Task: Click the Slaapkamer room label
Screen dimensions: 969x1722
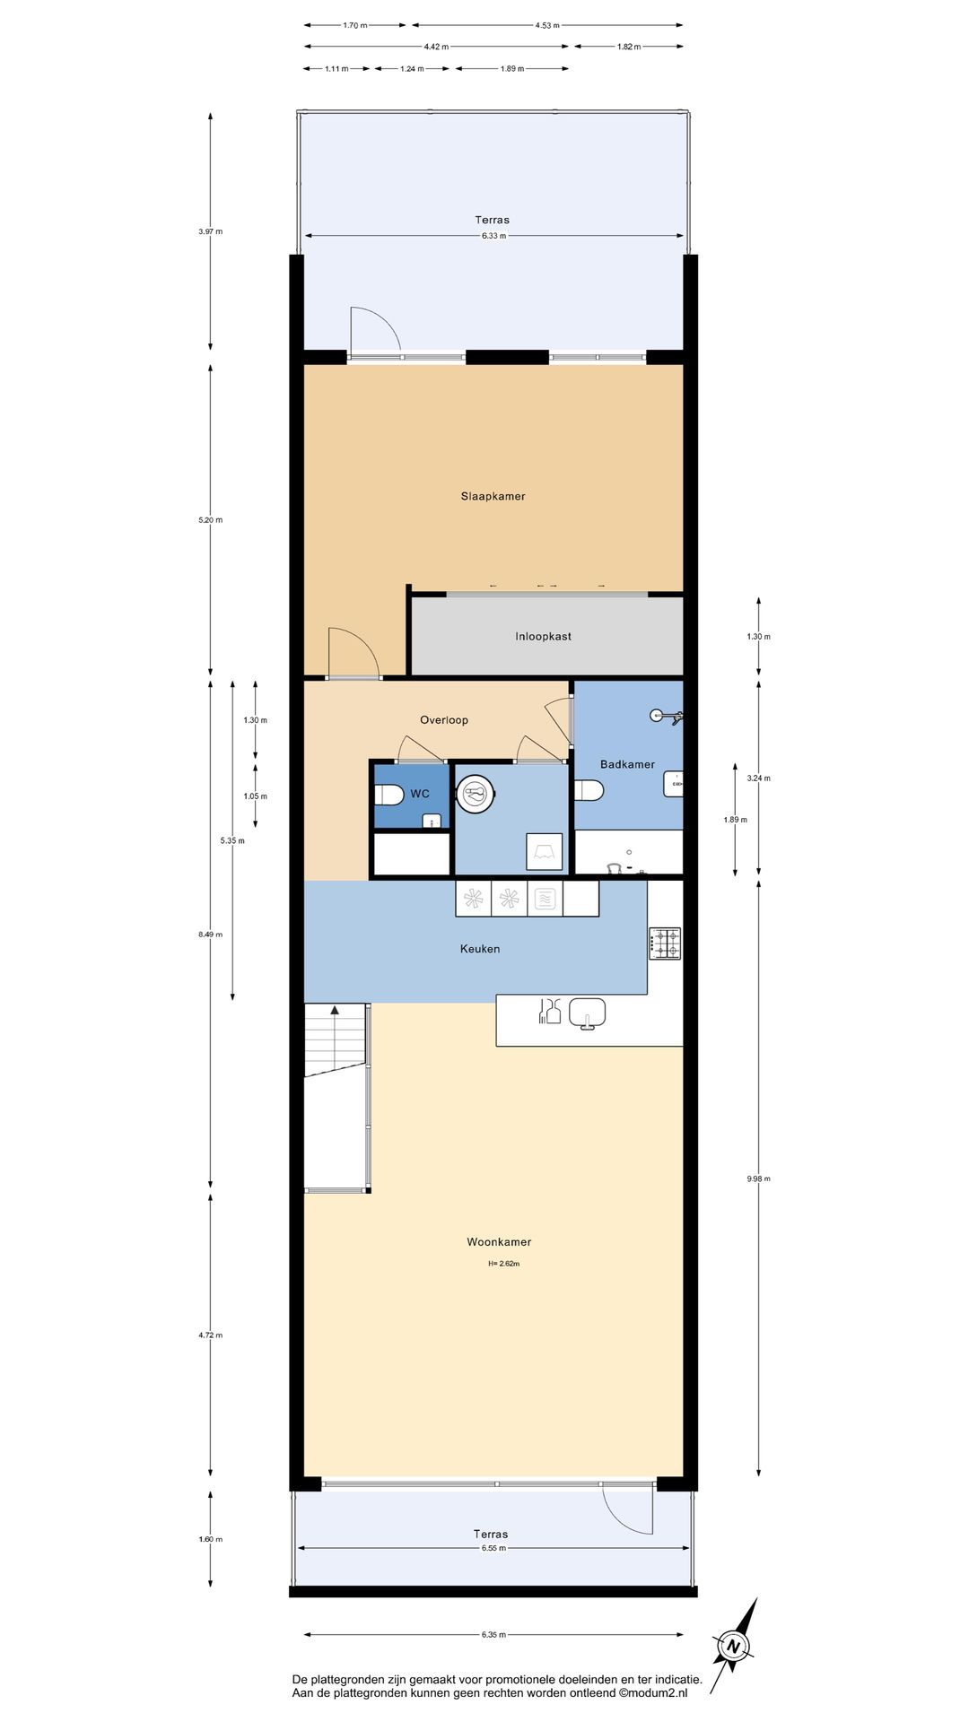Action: (493, 496)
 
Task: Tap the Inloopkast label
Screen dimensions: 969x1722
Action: (543, 636)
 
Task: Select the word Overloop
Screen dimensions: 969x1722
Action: (444, 719)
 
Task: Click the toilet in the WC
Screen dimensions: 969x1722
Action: (388, 795)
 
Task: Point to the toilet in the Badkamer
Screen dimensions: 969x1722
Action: (589, 790)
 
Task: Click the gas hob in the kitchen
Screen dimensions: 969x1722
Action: (665, 944)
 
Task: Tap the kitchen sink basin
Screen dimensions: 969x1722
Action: (587, 1013)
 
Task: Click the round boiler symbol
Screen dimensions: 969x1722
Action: (476, 794)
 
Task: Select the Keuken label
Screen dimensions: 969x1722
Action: (480, 948)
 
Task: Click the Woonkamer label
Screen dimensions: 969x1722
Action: (499, 1241)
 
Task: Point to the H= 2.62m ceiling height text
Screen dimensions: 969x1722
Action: (503, 1264)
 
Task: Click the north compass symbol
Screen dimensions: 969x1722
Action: (735, 1646)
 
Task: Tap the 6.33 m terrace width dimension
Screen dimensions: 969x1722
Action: (493, 236)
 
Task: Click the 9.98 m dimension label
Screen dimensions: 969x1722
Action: (758, 1178)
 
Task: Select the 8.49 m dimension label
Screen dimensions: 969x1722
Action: (211, 935)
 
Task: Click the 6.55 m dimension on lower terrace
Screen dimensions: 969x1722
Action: (493, 1548)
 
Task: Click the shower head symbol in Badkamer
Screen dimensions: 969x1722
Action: (668, 716)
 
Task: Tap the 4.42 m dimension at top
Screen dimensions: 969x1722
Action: (436, 47)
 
